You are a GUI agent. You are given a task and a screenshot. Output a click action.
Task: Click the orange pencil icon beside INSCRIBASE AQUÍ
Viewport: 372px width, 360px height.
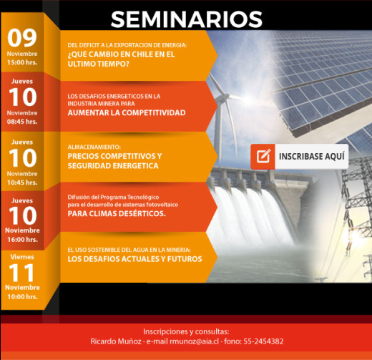click(x=263, y=155)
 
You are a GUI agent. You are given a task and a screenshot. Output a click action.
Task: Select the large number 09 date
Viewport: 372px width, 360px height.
click(x=21, y=38)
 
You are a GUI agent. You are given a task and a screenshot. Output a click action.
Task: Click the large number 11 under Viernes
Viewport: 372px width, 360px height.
click(x=21, y=272)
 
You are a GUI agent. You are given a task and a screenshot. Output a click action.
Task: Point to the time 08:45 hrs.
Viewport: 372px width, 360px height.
click(x=22, y=122)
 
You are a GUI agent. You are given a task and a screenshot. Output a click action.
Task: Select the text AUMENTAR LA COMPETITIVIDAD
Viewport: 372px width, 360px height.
click(x=127, y=113)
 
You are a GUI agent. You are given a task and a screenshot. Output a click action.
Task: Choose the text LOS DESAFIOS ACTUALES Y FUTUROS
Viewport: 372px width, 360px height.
click(x=134, y=258)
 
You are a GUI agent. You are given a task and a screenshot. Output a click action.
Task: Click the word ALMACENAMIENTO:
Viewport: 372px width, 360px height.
click(x=93, y=146)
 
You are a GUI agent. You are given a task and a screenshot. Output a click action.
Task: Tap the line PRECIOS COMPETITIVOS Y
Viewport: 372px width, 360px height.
click(x=114, y=155)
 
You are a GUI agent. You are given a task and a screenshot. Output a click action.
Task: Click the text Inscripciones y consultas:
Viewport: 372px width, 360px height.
click(x=186, y=331)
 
